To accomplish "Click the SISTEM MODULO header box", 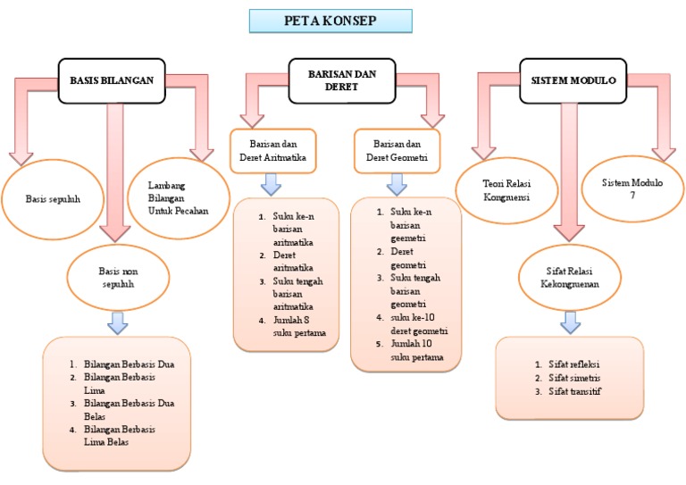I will [573, 80].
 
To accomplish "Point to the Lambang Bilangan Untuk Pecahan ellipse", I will [179, 198].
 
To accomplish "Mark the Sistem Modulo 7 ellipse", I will [632, 188].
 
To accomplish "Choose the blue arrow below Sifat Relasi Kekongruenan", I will [571, 321].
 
